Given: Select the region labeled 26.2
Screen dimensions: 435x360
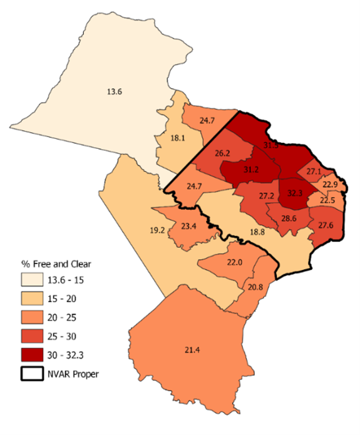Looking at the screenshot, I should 224,153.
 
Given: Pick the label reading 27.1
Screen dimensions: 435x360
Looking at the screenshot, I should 313,171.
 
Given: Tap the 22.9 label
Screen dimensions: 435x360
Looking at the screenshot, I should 330,184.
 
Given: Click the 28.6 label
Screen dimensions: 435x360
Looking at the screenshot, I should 289,218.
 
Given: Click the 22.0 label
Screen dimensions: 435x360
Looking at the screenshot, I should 234,262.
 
